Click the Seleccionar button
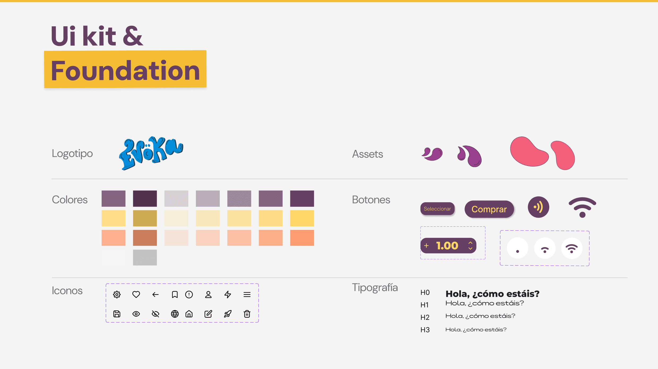[x=437, y=209]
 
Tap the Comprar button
[x=489, y=209]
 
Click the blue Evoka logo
[x=151, y=153]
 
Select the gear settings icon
[x=117, y=294]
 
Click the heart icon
[x=136, y=294]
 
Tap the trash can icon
[x=247, y=314]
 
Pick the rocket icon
[x=228, y=314]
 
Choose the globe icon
[x=175, y=314]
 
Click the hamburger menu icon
[x=247, y=294]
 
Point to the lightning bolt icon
[x=228, y=294]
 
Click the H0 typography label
[x=425, y=293]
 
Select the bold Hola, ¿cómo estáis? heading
[x=492, y=294]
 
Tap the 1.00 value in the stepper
[x=447, y=246]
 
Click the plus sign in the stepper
[x=426, y=246]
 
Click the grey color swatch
[x=145, y=257]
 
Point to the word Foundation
[x=125, y=70]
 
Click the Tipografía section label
[x=375, y=288]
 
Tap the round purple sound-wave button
[x=538, y=207]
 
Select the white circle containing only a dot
[x=517, y=248]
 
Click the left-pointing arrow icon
[x=155, y=294]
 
